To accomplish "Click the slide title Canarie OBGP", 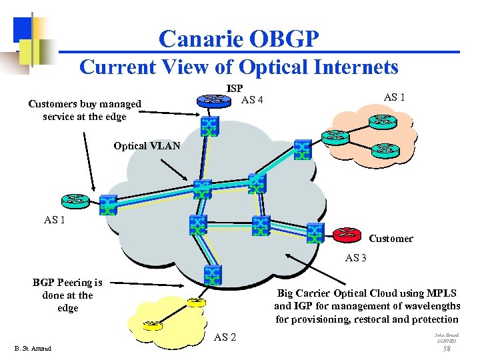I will click(239, 39).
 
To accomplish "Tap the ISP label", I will click(235, 88).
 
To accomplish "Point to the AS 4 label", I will click(252, 100).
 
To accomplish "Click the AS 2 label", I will click(225, 337).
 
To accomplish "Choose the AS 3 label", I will click(356, 257).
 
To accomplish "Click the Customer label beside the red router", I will click(391, 239).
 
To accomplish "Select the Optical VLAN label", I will click(147, 146).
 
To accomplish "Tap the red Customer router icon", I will click(345, 233).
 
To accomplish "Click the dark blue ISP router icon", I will click(213, 101).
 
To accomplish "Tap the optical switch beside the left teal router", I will click(107, 205).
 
